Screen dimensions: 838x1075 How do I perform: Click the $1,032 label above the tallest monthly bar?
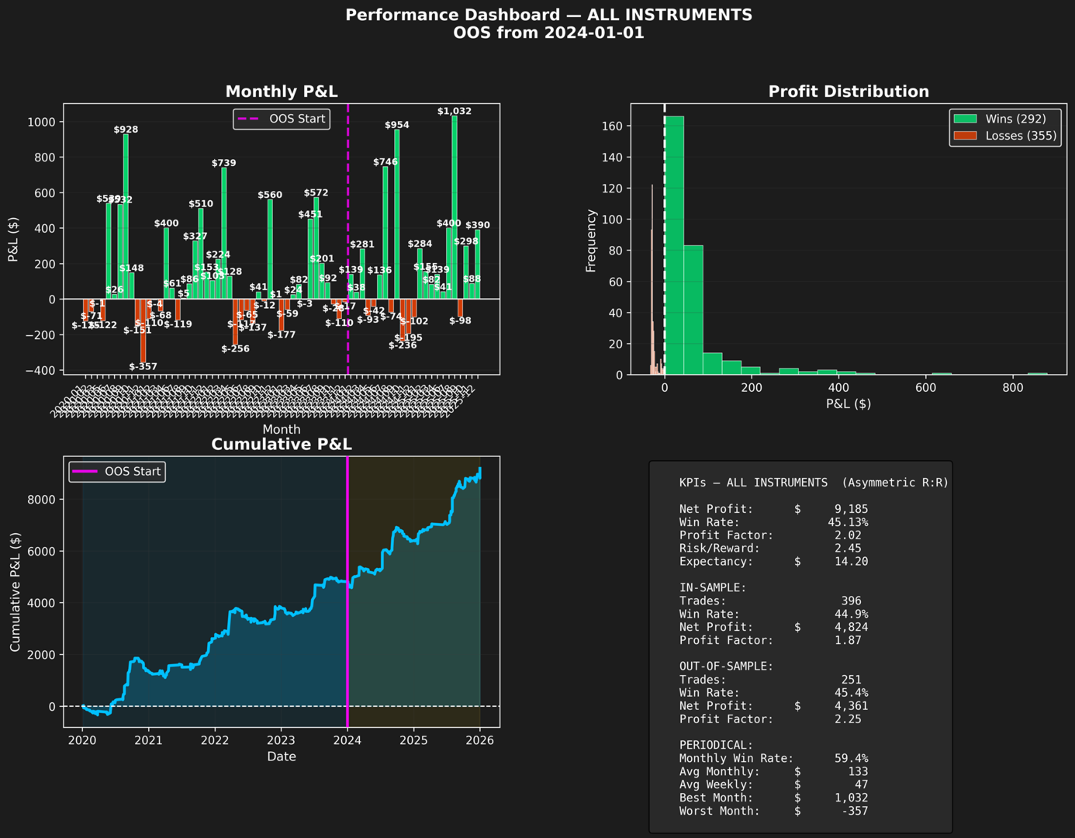(454, 111)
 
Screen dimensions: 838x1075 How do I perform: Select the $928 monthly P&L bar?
(126, 216)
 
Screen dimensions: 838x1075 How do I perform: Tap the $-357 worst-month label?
(143, 366)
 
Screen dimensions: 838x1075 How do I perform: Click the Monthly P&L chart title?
(282, 92)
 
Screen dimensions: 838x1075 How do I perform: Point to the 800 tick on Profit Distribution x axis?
(1012, 387)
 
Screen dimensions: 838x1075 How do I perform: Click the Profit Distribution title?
(849, 92)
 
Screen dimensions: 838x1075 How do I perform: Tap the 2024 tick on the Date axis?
(347, 740)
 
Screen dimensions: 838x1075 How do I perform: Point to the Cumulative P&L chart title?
(282, 444)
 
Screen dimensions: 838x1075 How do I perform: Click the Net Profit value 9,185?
(851, 509)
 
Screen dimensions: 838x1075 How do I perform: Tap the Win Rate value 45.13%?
(848, 522)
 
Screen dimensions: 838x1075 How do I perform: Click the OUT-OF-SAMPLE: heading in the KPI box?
(726, 667)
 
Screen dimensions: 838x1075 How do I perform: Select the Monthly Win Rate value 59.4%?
(851, 758)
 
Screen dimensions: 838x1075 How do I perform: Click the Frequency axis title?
(591, 241)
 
